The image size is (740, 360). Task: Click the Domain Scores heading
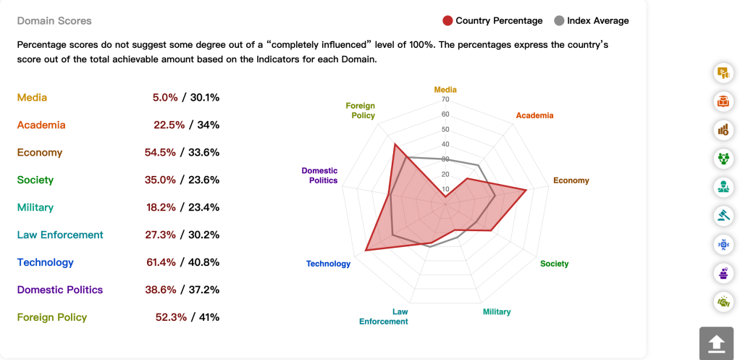[x=54, y=21]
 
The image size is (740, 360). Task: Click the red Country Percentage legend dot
[x=447, y=21]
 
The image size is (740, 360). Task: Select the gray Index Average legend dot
[x=559, y=21]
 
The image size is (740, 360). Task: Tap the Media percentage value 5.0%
[x=165, y=97]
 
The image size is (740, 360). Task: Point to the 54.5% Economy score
[x=160, y=152]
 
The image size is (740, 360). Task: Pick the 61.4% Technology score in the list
[x=161, y=262]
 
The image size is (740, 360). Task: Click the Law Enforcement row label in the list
[x=60, y=235]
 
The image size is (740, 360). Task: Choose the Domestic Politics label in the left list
[x=60, y=290]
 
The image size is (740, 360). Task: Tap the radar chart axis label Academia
[x=534, y=116]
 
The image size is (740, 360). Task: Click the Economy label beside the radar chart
[x=571, y=180]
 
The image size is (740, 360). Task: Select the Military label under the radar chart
[x=497, y=311]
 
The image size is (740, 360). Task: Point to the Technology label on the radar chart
[x=328, y=264]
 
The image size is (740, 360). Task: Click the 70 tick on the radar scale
[x=445, y=99]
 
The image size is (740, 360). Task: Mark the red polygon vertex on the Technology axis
[x=366, y=251]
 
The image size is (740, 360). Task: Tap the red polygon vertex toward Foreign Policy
[x=395, y=144]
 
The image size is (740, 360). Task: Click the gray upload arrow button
[x=716, y=343]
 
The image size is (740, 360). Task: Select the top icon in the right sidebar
[x=722, y=72]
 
